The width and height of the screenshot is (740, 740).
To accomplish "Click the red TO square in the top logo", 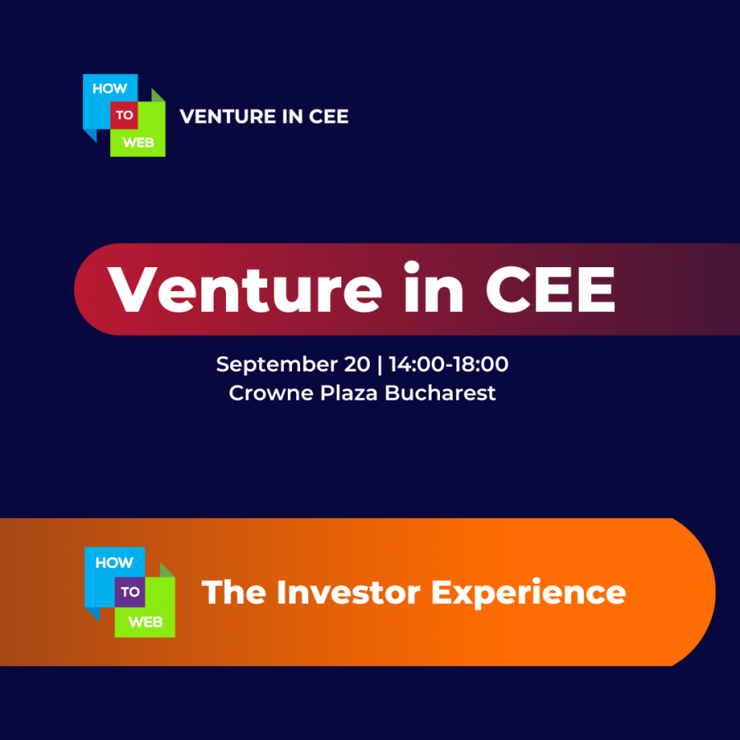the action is pos(123,115).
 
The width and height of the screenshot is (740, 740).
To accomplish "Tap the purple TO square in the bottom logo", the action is pos(130,592).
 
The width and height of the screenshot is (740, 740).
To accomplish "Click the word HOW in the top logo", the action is pos(109,89).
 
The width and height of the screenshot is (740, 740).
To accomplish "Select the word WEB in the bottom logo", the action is pos(146,622).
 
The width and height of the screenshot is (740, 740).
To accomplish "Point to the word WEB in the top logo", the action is pos(138,142).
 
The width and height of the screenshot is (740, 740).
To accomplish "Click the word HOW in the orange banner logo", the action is pos(114,562).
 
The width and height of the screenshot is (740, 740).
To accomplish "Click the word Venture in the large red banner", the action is pos(244,289).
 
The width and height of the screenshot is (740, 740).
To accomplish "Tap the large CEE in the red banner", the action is pos(551,289).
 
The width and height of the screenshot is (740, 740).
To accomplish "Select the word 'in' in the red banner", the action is pos(434,286).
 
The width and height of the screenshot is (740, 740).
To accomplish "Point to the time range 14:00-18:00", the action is pos(449,364).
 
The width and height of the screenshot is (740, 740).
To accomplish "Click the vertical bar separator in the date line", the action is pos(380,365).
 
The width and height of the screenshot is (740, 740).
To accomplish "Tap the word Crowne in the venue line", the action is pos(271,393).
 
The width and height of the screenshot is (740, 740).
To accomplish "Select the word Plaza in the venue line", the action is pos(349,393).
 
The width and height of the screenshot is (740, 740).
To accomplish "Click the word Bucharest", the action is pos(440,393).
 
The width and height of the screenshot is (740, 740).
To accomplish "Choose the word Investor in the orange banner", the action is pos(349,592).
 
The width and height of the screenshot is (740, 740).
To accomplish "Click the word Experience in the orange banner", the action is pos(529,594).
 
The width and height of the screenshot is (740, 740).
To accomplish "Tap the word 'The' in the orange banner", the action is pos(234,592).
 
